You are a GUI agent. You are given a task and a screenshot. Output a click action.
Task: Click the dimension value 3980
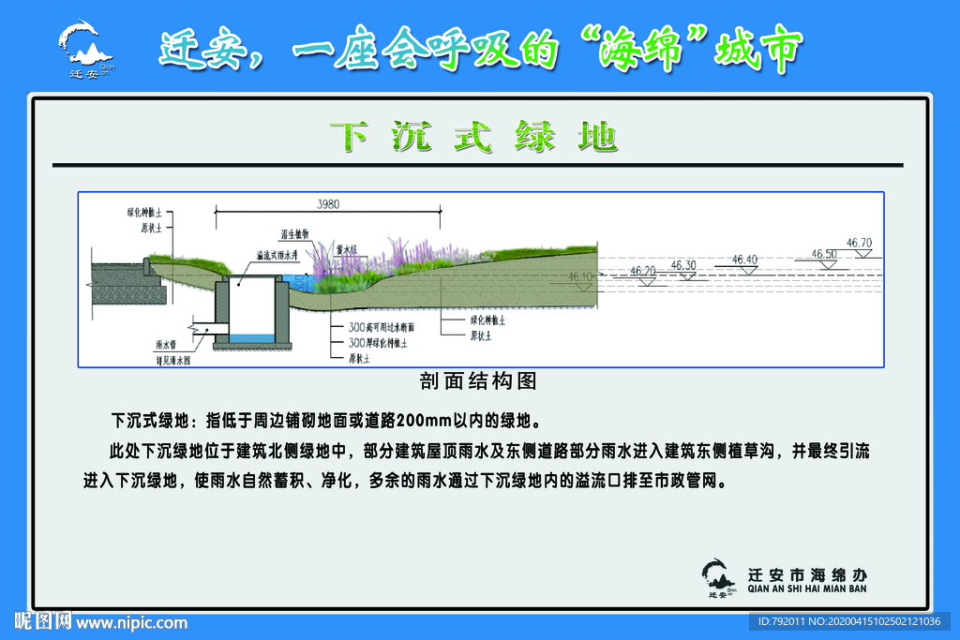click(327, 204)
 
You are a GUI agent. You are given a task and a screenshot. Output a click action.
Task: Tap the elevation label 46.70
click(859, 243)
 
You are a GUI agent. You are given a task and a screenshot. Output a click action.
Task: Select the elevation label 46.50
click(824, 254)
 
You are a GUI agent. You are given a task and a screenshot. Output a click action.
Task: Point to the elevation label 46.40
click(745, 260)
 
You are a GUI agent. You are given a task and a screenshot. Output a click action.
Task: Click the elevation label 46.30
click(684, 265)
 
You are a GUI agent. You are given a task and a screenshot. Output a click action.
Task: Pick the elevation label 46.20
click(643, 271)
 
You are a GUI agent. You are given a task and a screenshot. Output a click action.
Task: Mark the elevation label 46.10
click(581, 276)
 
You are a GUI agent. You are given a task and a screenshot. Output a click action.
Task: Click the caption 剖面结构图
click(478, 381)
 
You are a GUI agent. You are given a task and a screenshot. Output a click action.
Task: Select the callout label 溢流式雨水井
click(277, 254)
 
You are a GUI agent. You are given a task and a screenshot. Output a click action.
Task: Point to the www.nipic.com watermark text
click(131, 623)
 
